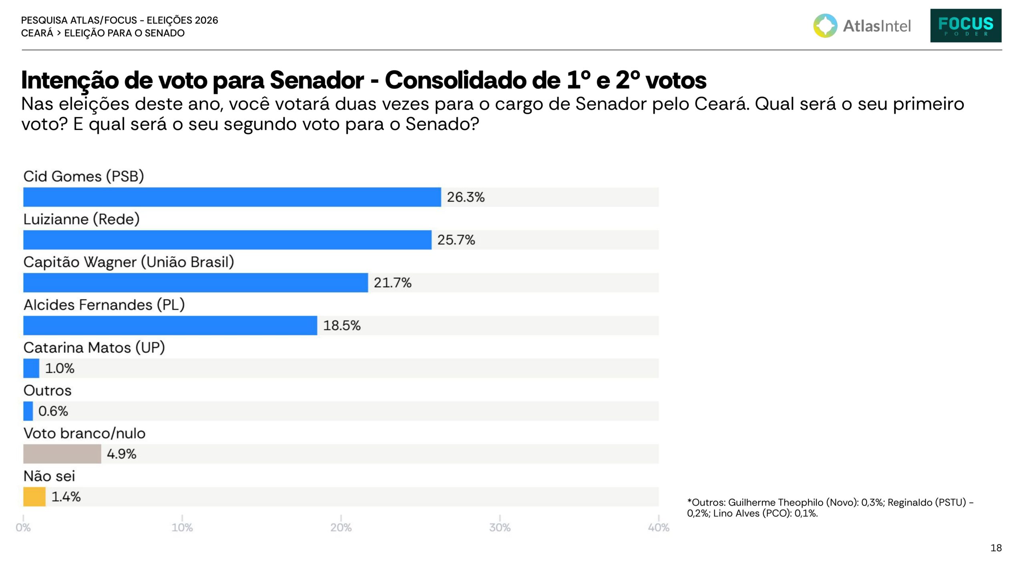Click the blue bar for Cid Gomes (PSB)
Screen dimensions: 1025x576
(x=232, y=197)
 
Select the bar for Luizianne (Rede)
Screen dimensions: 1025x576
(x=227, y=240)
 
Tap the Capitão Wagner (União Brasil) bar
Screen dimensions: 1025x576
(x=195, y=282)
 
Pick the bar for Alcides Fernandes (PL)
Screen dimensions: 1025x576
(x=170, y=325)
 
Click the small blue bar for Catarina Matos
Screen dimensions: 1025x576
(x=31, y=368)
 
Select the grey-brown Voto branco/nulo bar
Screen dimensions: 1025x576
(x=62, y=454)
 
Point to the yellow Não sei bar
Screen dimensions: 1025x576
(x=34, y=496)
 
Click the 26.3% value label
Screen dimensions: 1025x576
(x=466, y=197)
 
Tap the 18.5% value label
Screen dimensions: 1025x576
(x=342, y=326)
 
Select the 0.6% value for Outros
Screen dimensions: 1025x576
(x=53, y=411)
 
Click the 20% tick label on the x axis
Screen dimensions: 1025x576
(x=341, y=528)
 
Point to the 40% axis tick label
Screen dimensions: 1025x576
(x=659, y=528)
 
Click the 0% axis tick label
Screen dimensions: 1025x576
(x=23, y=528)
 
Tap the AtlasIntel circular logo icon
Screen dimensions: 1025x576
(x=825, y=26)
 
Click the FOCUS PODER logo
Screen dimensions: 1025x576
(x=966, y=26)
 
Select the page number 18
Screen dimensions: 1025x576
(x=996, y=548)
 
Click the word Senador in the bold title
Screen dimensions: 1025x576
(x=317, y=80)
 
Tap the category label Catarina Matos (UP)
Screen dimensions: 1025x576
(x=94, y=348)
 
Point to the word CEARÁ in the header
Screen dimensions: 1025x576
(x=37, y=33)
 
